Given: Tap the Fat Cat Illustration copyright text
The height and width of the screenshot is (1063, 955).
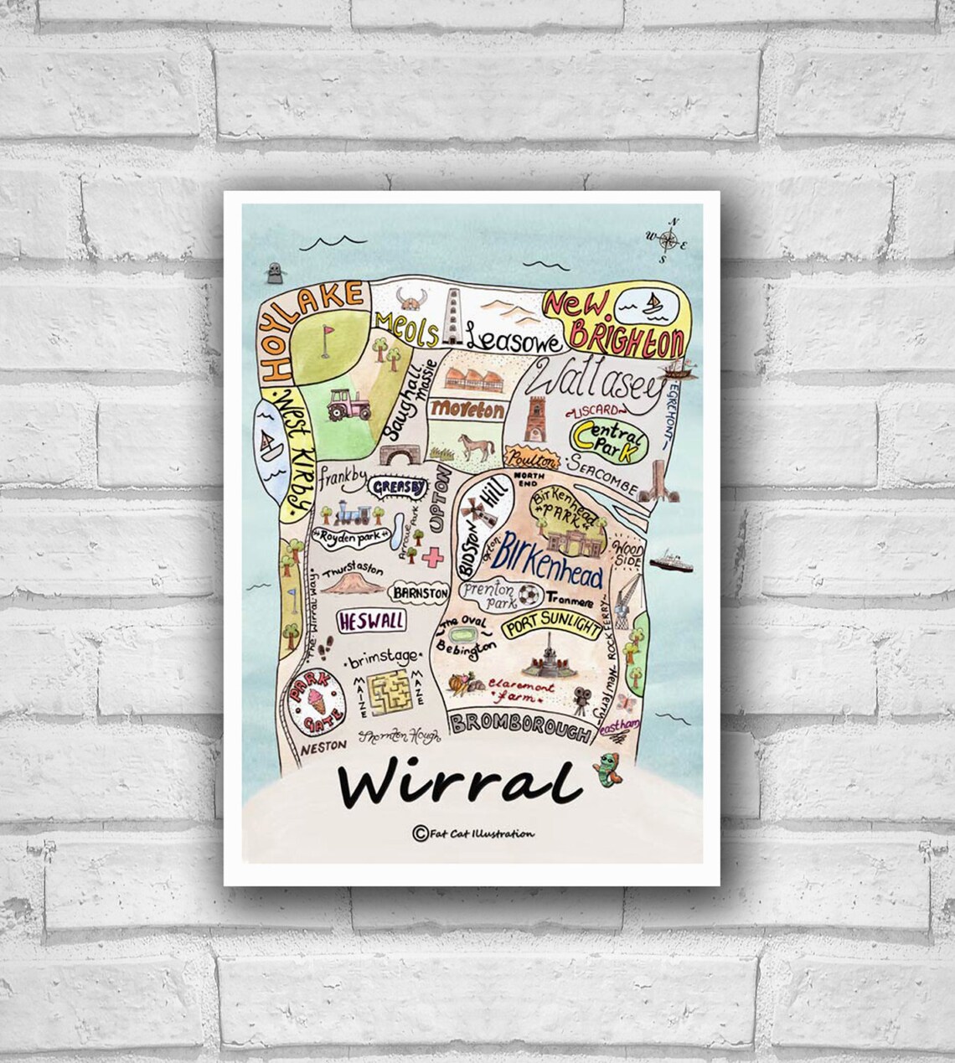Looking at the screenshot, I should [474, 833].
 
